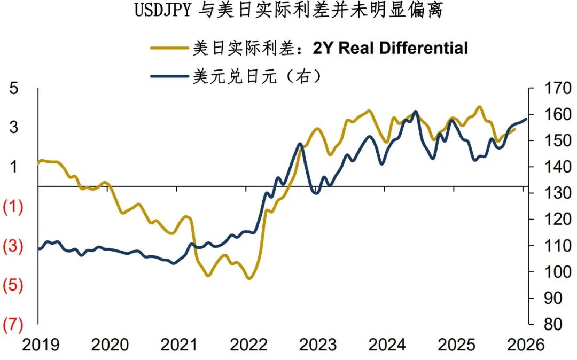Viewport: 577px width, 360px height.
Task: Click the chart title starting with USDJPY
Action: click(x=288, y=10)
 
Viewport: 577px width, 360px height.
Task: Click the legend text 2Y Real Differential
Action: click(x=390, y=48)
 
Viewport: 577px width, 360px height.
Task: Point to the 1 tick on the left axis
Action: click(x=14, y=167)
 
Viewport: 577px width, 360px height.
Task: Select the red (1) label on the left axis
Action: click(x=13, y=207)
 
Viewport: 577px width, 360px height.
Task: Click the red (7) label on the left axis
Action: click(x=13, y=325)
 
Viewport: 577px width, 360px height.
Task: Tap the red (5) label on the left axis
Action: click(x=13, y=286)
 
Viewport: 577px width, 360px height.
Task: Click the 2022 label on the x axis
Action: click(x=248, y=345)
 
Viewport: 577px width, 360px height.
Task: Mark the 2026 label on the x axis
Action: click(x=526, y=345)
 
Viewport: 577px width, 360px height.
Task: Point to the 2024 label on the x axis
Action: click(x=387, y=345)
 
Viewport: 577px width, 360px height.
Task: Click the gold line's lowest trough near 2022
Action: click(x=249, y=278)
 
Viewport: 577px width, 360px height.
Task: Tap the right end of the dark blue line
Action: click(x=526, y=119)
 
